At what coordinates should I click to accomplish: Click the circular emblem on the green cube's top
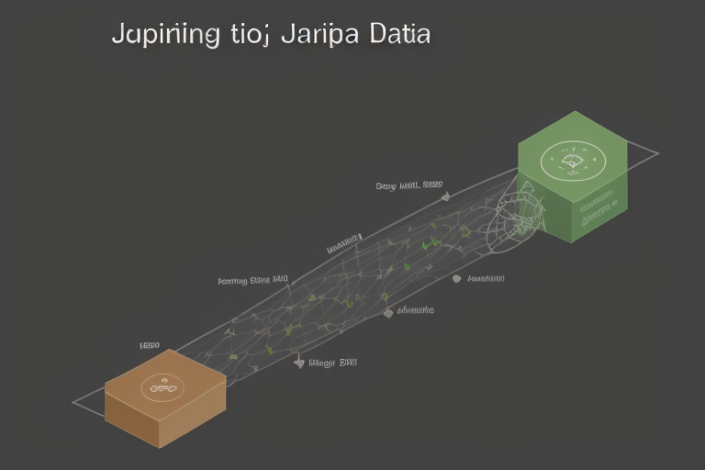point(574,162)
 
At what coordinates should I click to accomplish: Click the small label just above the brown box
point(150,345)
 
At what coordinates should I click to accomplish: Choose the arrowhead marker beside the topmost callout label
point(445,196)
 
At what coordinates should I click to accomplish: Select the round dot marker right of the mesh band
point(454,278)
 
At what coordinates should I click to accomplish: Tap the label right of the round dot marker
point(486,277)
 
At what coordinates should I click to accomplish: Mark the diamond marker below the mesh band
point(388,312)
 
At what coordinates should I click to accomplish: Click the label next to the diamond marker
point(415,310)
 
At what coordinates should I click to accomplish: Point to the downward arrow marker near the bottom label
point(299,364)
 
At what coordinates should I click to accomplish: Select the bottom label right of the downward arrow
point(334,362)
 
